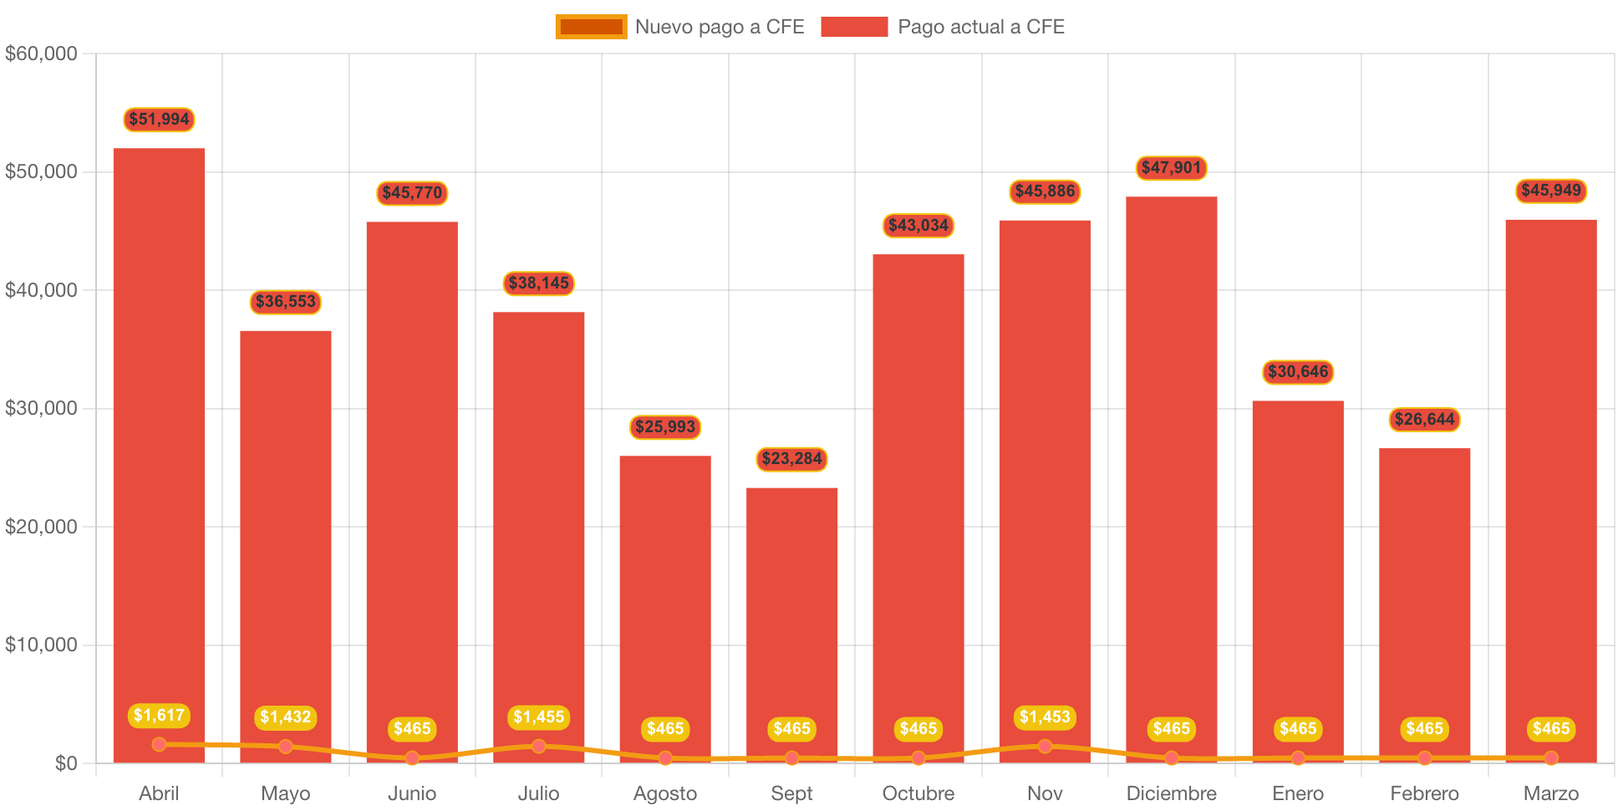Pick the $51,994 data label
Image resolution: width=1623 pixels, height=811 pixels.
click(159, 120)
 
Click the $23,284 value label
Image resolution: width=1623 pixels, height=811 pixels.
click(791, 459)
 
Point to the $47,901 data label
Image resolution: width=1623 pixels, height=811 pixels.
click(1171, 168)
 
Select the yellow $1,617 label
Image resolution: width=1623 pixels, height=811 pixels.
click(159, 716)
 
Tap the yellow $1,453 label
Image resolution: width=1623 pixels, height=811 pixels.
click(1045, 717)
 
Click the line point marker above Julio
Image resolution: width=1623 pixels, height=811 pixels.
click(538, 746)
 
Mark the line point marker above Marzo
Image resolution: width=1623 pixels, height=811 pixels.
click(1551, 757)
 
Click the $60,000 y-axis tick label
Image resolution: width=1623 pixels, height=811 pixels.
click(41, 54)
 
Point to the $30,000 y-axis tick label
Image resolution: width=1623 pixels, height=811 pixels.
click(41, 408)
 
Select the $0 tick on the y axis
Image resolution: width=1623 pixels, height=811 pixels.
click(65, 763)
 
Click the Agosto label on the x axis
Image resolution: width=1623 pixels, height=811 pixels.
click(665, 793)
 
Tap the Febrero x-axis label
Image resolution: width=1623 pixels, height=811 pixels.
click(1424, 793)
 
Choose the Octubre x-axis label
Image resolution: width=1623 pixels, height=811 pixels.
click(918, 793)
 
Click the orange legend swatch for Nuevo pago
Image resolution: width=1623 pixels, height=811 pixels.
click(591, 27)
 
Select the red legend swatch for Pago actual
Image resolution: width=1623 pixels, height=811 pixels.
click(854, 27)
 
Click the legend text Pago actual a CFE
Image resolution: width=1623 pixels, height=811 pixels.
click(981, 27)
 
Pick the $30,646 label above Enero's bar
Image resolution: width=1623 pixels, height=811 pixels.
click(1298, 372)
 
